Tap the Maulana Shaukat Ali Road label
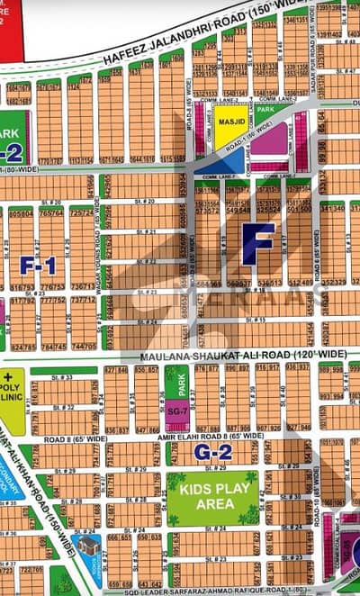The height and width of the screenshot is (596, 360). click(x=211, y=357)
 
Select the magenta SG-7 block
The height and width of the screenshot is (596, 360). click(x=176, y=411)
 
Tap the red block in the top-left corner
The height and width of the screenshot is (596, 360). click(x=11, y=23)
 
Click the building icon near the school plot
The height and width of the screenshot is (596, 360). click(x=88, y=546)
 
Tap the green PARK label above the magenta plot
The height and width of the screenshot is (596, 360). click(x=264, y=110)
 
